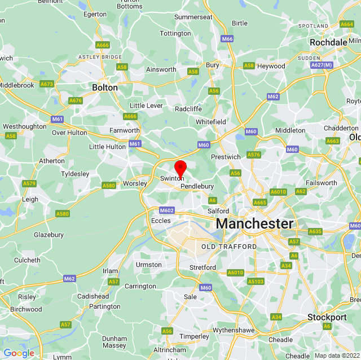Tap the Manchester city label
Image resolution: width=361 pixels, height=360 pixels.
(x=254, y=223)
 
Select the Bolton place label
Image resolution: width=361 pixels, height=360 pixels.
(x=105, y=87)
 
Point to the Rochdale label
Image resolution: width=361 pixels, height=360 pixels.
(x=328, y=42)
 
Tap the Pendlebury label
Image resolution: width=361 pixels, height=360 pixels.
(x=197, y=186)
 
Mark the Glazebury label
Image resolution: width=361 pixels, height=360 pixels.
(x=49, y=235)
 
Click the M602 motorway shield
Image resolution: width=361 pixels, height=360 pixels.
(x=166, y=210)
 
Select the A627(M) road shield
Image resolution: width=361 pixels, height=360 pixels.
(x=322, y=65)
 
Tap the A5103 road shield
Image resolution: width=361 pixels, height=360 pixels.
(x=256, y=281)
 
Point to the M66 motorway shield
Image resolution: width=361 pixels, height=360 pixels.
(x=227, y=39)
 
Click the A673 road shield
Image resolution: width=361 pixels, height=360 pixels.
(x=46, y=84)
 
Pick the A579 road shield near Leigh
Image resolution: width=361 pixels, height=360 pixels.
(x=29, y=183)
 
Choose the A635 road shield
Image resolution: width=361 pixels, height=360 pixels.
(x=315, y=231)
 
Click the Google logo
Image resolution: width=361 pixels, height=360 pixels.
(x=19, y=353)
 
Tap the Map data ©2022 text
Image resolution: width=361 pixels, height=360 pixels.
(x=336, y=355)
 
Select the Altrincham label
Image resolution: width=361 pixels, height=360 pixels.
(x=170, y=350)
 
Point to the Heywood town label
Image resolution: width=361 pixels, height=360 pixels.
(x=271, y=66)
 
